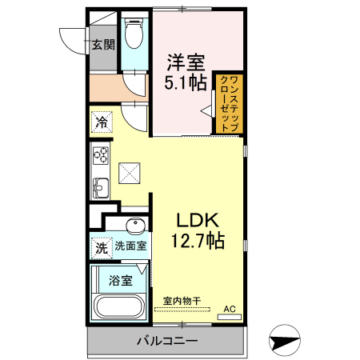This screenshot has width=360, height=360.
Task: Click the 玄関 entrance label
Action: pyautogui.click(x=102, y=44)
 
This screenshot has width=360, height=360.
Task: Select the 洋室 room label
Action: pyautogui.click(x=186, y=61)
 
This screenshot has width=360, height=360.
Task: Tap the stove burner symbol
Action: pyautogui.click(x=101, y=154)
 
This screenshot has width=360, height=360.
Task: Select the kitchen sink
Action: pyautogui.click(x=101, y=189)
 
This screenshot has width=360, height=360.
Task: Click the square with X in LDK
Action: pyautogui.click(x=130, y=171)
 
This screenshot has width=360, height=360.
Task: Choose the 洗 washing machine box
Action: pyautogui.click(x=102, y=248)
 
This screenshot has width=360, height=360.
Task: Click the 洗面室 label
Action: pyautogui.click(x=130, y=246)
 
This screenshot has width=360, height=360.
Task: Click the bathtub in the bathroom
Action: pyautogui.click(x=120, y=307)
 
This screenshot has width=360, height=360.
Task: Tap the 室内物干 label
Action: pyautogui.click(x=182, y=301)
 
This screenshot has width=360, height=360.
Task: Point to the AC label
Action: pyautogui.click(x=230, y=308)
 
